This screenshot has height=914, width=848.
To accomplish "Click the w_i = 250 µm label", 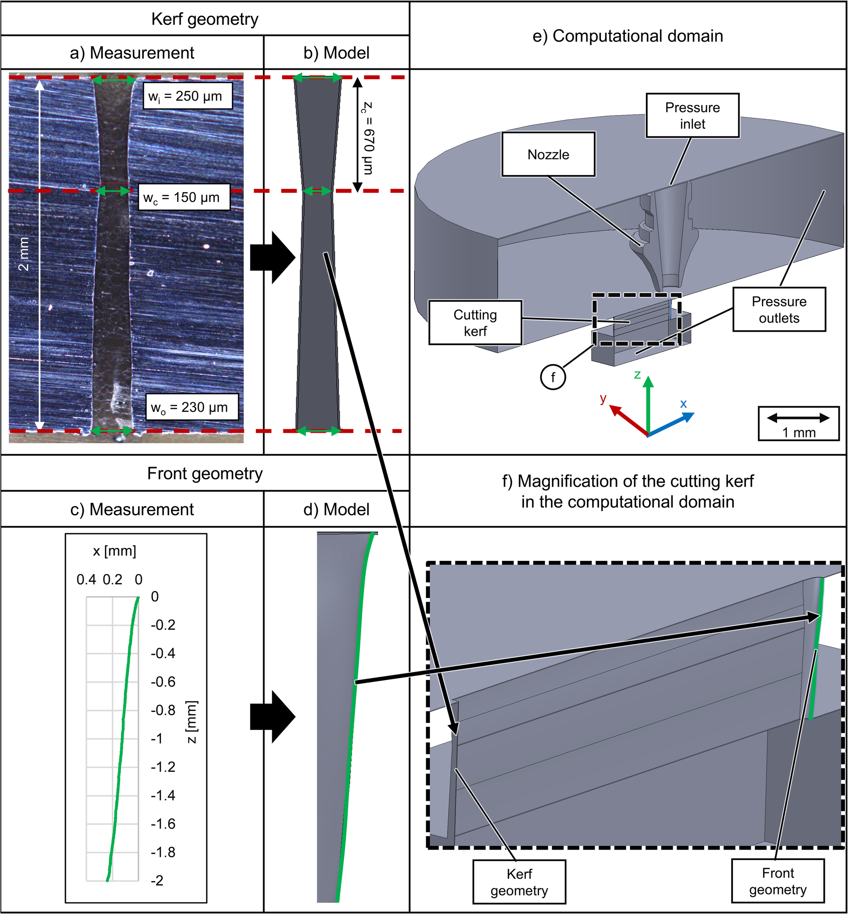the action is click(187, 96).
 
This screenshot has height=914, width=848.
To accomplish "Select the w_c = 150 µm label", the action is click(184, 197).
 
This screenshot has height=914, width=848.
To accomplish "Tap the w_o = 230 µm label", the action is click(192, 407).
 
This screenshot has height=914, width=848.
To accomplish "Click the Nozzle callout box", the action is click(549, 154).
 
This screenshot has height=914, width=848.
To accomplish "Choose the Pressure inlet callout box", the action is click(693, 116).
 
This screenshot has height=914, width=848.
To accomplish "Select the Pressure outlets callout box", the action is click(779, 309).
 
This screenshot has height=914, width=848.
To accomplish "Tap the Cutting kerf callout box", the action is click(476, 322).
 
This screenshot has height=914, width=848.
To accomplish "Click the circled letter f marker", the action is click(553, 377).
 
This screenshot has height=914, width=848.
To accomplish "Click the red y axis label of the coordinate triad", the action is click(603, 398).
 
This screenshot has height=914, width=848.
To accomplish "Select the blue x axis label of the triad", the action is click(683, 404).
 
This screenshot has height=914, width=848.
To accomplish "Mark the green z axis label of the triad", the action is click(637, 375).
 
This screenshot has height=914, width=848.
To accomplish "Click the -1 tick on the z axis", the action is click(156, 739).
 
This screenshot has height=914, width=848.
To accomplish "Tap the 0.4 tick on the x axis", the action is click(86, 580).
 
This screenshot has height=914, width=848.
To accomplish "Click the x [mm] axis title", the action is click(114, 551).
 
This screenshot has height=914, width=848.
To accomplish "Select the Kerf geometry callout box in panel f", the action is click(519, 882).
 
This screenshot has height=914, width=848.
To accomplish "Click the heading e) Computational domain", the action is click(628, 36).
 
